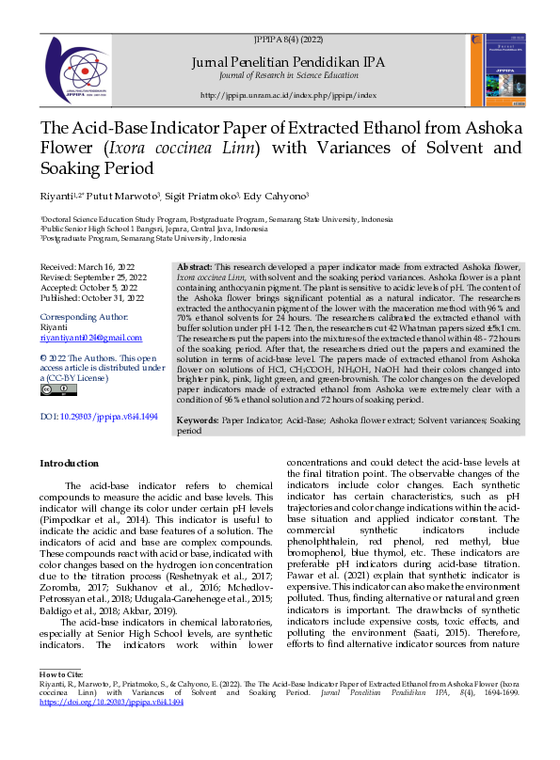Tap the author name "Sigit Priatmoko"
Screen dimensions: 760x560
(x=200, y=198)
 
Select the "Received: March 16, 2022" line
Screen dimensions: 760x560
(x=87, y=268)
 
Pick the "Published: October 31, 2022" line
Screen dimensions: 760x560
(x=92, y=299)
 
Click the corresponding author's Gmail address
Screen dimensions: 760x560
(x=90, y=337)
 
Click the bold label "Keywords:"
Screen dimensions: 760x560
(x=199, y=421)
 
